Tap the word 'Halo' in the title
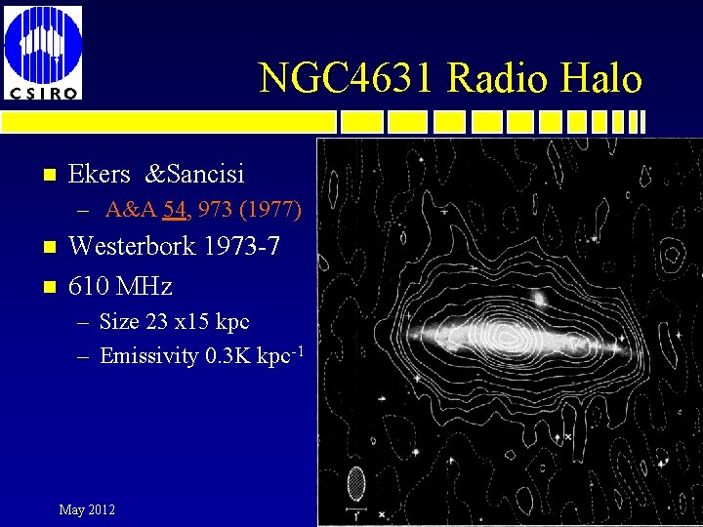point(603,78)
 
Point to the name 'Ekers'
point(100,174)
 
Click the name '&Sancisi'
point(195,174)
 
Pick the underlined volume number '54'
point(176,209)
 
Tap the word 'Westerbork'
point(133,246)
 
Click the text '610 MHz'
point(120,286)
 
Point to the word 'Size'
point(119,321)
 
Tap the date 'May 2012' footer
point(87,509)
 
